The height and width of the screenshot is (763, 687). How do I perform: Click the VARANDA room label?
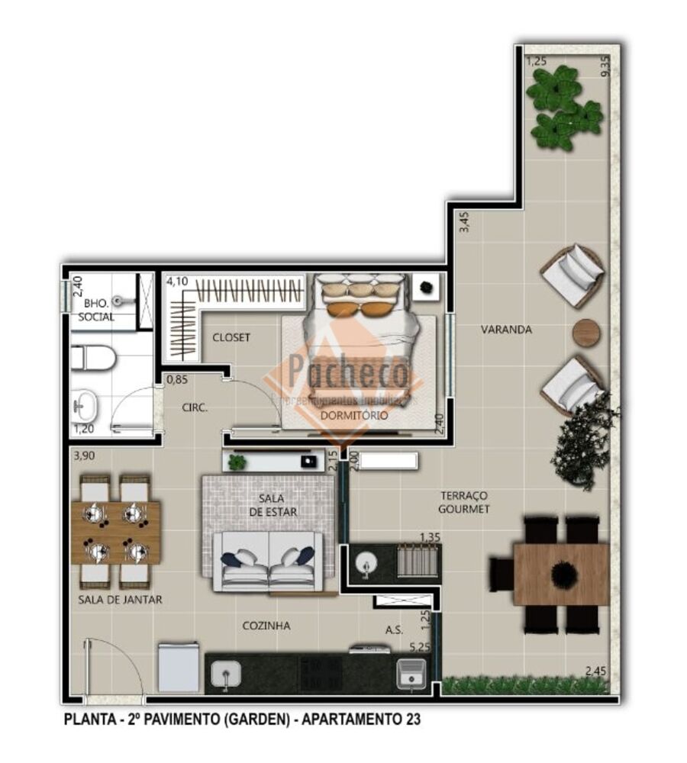(506, 330)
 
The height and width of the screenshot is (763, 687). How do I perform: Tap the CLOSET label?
(231, 337)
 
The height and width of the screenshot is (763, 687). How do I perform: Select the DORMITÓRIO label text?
(353, 416)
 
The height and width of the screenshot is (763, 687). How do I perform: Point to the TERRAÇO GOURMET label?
(463, 502)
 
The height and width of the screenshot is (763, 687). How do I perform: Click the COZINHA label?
(266, 626)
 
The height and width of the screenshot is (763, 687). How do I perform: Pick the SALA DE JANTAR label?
(120, 600)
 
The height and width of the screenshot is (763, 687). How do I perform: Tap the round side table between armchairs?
(586, 332)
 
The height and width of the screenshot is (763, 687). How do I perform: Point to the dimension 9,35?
(605, 66)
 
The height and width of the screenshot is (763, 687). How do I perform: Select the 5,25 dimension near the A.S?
(420, 648)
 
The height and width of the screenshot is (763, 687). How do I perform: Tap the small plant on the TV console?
(237, 462)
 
